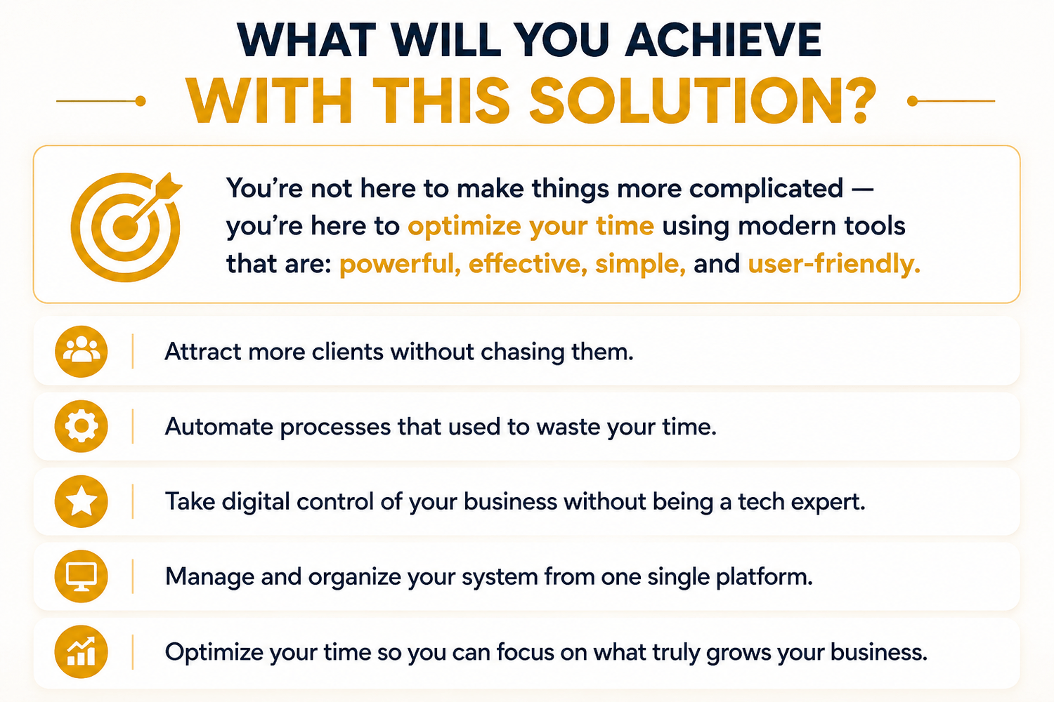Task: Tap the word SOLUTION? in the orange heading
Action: [703, 100]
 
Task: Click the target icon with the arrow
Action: [126, 227]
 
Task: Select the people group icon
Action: [81, 351]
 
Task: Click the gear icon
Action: [81, 426]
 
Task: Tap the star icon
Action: [81, 501]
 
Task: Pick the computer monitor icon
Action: [81, 576]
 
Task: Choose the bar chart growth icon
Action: [81, 651]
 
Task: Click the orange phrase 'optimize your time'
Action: [531, 227]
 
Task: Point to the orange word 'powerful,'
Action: [400, 264]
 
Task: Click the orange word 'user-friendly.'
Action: [834, 263]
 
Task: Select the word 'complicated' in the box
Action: [766, 189]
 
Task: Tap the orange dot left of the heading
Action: [141, 101]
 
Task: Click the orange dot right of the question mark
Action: [912, 101]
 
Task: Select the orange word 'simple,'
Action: [640, 264]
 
